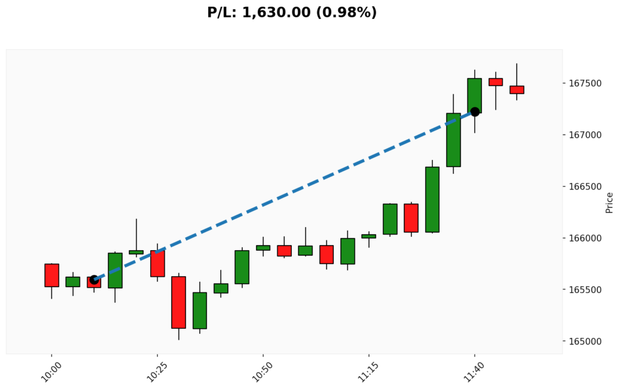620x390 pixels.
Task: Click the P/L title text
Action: click(x=292, y=12)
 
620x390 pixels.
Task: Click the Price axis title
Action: click(x=609, y=202)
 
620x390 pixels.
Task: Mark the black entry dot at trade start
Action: click(x=94, y=280)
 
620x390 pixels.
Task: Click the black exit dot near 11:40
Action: click(x=475, y=111)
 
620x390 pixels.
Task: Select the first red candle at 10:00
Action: click(x=51, y=275)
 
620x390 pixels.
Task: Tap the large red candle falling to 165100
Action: click(x=179, y=302)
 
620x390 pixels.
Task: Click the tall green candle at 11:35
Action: click(x=453, y=140)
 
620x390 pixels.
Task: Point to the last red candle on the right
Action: click(x=516, y=90)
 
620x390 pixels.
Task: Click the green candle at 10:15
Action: click(x=115, y=270)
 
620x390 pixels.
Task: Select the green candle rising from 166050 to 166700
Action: click(x=432, y=199)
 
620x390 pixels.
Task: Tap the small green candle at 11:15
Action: click(x=369, y=236)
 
